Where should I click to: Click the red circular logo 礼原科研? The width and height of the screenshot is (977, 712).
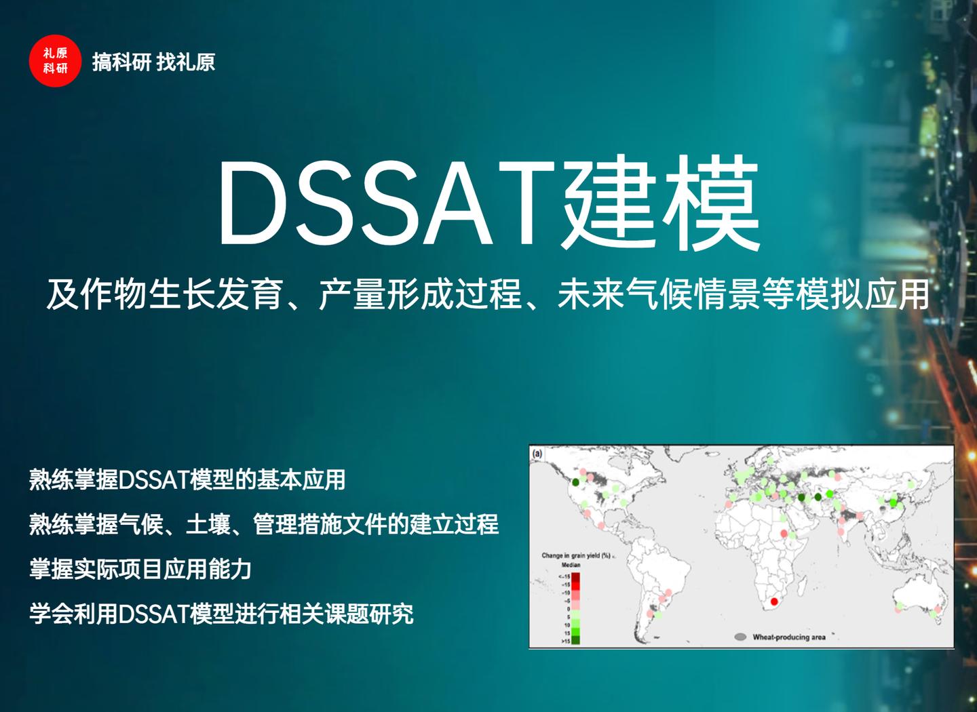pos(55,61)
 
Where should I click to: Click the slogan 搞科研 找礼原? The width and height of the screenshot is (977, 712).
pos(153,62)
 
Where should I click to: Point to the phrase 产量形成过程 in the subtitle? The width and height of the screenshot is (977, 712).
pos(421,295)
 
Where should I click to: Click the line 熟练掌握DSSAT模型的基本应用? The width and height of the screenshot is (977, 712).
pos(187,480)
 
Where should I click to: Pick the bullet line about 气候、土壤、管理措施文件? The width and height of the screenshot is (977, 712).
pos(264,524)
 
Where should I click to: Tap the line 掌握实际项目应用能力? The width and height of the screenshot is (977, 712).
pos(140,569)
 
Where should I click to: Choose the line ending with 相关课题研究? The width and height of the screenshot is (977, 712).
pos(221,614)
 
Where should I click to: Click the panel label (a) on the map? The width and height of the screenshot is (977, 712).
pos(537,454)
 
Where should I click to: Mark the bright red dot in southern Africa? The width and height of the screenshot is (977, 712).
pos(774,601)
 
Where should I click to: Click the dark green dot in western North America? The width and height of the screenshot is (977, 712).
pos(575,483)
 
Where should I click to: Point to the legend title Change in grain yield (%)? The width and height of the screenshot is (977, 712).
pos(576,555)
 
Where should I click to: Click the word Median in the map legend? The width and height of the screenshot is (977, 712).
pos(571,565)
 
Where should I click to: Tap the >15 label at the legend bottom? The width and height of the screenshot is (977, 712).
pos(565,641)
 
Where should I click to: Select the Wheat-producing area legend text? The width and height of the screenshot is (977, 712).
pos(789,637)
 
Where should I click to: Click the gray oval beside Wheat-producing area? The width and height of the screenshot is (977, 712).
pos(740,637)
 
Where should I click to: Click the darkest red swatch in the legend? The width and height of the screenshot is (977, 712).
pos(575,576)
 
